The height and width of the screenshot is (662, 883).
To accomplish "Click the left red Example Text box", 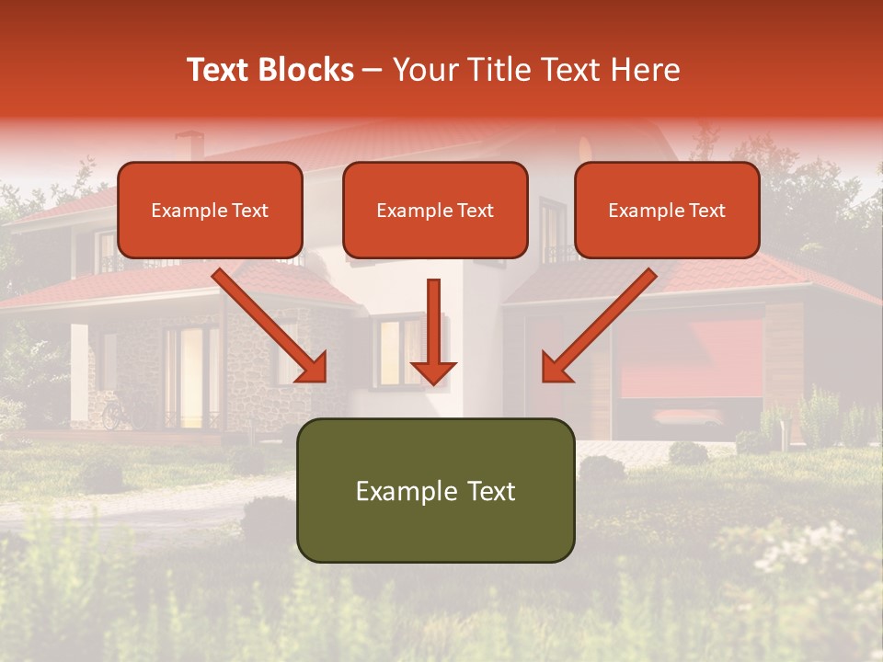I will point(210,211).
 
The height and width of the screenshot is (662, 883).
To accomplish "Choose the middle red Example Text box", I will point(435,211).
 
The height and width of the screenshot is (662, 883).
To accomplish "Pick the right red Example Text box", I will point(667,211).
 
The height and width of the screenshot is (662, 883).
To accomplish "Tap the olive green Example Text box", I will point(435,491).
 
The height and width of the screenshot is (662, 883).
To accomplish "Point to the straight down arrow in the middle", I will point(433,331).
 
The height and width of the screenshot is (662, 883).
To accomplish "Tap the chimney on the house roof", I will point(189,145).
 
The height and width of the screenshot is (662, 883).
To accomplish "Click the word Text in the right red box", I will point(707,211).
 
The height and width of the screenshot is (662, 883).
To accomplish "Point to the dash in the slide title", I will point(372,70).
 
